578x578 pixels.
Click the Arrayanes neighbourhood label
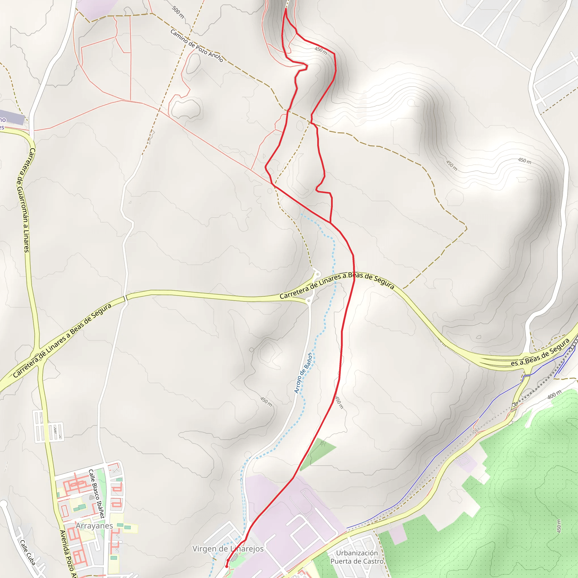(94, 526)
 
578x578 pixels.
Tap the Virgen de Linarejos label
(228, 549)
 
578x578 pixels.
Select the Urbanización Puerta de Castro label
(357, 557)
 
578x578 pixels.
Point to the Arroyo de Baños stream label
(303, 373)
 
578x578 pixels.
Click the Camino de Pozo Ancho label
(196, 45)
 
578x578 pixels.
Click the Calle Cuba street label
(28, 552)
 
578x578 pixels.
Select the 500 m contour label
(178, 12)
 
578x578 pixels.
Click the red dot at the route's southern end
(226, 566)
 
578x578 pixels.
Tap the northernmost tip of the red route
(286, 9)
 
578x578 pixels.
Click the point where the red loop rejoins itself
(330, 222)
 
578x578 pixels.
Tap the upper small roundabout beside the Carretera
(317, 274)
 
